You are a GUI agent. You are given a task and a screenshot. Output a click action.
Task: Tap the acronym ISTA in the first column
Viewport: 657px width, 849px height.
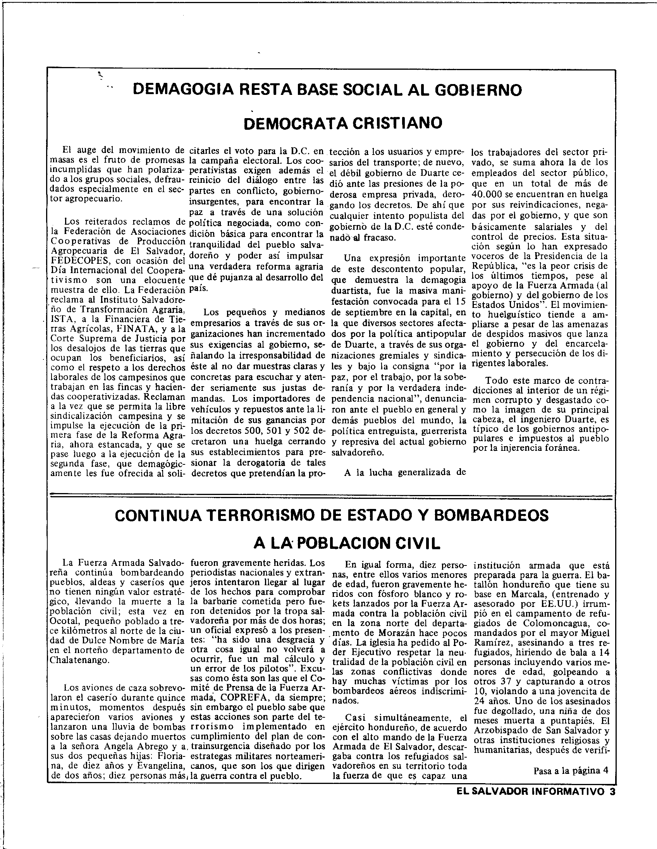[61, 320]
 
